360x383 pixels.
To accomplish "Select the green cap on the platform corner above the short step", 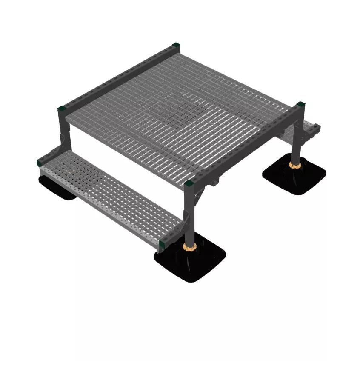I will pos(301,104).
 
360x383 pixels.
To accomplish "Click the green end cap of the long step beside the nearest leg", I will pos(162,244).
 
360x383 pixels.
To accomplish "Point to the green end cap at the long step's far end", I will pos(40,162).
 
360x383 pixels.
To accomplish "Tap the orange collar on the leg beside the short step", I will pos(294,164).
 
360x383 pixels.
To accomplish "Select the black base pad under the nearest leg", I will pos(190,262).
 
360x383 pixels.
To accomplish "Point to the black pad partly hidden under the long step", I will pos(55,187).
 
